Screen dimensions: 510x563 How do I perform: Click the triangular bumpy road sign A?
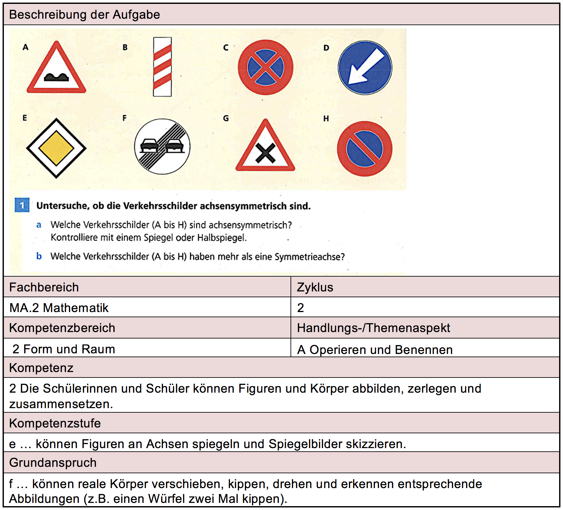tap(56, 69)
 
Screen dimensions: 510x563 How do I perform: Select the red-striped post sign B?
tap(162, 67)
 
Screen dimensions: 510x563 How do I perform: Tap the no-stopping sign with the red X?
tap(265, 67)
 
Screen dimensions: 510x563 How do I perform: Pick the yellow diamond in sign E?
tap(56, 148)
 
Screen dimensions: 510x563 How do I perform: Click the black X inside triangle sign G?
tap(265, 153)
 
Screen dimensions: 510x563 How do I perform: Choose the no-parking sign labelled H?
tap(364, 149)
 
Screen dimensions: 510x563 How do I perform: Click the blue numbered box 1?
tap(22, 205)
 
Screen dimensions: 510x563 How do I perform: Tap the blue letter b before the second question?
tap(39, 256)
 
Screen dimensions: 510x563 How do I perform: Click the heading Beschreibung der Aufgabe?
tap(84, 15)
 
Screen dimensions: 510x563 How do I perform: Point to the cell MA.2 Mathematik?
tap(59, 308)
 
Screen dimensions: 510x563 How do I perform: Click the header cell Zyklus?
tap(315, 287)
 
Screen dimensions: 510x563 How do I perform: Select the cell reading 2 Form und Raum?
tap(63, 349)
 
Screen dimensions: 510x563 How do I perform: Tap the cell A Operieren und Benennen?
tap(375, 349)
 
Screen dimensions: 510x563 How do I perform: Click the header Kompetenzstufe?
tap(55, 423)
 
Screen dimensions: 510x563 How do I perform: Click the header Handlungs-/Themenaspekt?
tap(373, 328)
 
